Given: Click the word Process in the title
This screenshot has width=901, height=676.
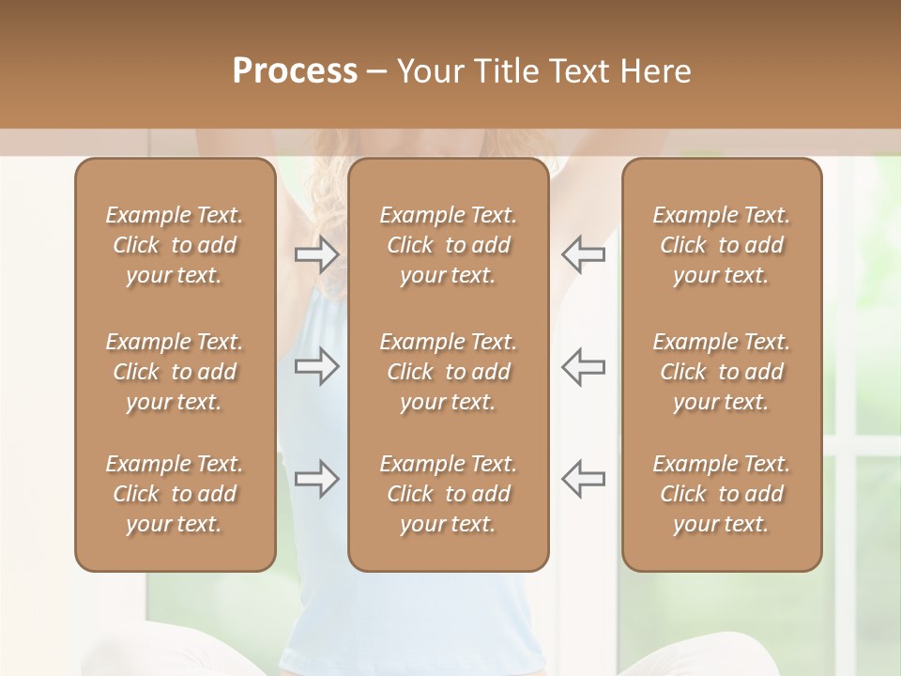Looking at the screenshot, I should [295, 71].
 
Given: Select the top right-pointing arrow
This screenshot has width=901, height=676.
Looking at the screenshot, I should [317, 254].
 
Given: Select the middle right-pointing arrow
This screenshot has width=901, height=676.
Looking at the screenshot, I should [317, 366].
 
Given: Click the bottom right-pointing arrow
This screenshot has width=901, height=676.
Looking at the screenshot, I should [317, 479].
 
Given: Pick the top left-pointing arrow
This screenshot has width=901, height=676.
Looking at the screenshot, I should [583, 254].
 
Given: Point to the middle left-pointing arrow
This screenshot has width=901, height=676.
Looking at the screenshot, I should [583, 366].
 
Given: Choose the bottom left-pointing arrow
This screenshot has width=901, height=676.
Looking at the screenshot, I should [583, 479].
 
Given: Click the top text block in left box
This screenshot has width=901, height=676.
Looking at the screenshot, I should [175, 245].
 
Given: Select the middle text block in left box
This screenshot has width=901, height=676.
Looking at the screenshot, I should [175, 372].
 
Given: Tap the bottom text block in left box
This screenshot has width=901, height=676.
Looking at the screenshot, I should [175, 494].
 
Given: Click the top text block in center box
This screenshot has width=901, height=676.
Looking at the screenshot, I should [449, 245].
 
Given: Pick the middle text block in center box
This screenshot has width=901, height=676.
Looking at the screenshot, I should [449, 372].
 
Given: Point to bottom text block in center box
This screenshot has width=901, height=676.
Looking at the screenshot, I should [449, 494].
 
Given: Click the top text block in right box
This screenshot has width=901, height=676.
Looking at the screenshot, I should [722, 245].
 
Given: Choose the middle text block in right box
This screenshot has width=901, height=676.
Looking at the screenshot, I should [722, 372].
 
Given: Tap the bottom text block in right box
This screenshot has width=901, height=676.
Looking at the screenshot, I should [722, 494].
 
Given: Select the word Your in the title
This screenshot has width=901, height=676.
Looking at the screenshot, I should [428, 71].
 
